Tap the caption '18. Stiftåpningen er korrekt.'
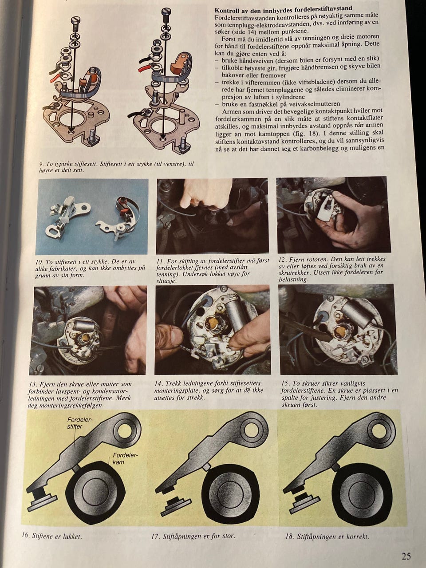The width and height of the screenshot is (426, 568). pyautogui.click(x=327, y=536)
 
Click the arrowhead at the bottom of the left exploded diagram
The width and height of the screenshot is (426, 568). pyautogui.click(x=71, y=129)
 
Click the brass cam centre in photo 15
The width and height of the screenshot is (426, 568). pyautogui.click(x=339, y=331)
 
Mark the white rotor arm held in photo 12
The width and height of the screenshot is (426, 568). pyautogui.click(x=324, y=209)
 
